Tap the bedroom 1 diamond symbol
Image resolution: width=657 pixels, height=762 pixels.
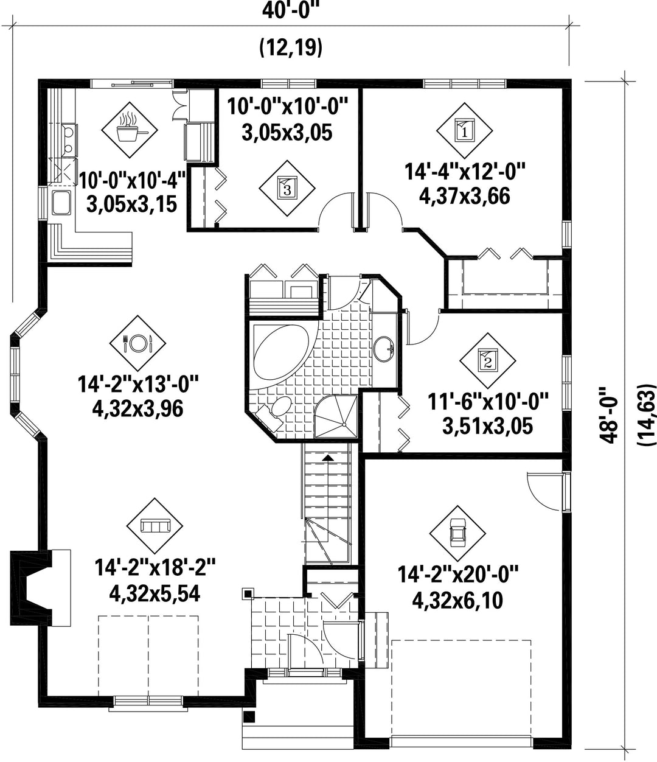tap(464, 130)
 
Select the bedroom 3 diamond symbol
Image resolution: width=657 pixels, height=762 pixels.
tap(287, 189)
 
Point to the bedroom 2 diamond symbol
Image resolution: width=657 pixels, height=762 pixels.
tap(488, 361)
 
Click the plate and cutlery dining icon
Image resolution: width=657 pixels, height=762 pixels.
tap(137, 343)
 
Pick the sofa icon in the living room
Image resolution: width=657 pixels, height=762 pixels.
tap(155, 526)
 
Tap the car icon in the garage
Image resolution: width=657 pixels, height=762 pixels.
tap(457, 533)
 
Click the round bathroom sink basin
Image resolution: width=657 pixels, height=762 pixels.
tap(384, 348)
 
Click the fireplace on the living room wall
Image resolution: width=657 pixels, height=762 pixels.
tap(40, 587)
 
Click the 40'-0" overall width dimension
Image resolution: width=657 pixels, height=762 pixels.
tap(290, 12)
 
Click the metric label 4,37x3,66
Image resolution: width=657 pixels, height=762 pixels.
tap(465, 196)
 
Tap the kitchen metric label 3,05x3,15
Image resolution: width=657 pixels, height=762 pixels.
tap(131, 204)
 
